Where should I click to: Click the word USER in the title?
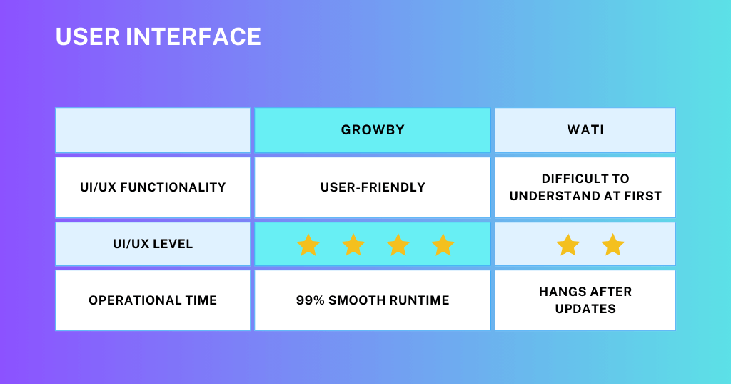click(x=87, y=37)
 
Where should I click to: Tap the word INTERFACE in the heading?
click(x=193, y=37)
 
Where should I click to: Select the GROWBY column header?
click(x=373, y=130)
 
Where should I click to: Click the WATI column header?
click(x=585, y=130)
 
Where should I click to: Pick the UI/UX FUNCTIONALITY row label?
click(x=153, y=187)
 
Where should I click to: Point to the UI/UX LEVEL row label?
click(x=153, y=244)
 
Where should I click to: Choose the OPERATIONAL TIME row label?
click(x=153, y=300)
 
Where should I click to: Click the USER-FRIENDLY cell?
click(x=373, y=187)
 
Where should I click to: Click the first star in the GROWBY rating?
click(x=308, y=245)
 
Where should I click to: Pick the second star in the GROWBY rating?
click(x=353, y=245)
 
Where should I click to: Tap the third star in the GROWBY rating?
click(x=398, y=245)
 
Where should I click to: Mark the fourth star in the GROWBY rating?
click(x=443, y=245)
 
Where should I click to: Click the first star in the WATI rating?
click(x=568, y=245)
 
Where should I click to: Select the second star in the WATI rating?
click(x=612, y=245)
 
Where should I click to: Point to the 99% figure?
click(x=310, y=300)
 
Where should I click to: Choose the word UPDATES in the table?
click(x=585, y=309)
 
